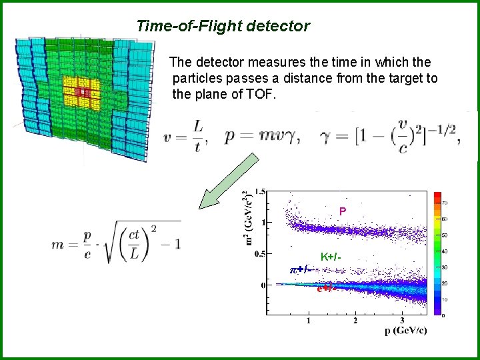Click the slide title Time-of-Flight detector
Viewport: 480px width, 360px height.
[x=223, y=27]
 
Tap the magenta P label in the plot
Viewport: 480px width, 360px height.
[x=342, y=211]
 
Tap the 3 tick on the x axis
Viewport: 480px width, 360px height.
[x=402, y=321]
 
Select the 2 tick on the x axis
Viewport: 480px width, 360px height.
[x=355, y=321]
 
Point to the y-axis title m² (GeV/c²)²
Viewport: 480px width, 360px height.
[x=247, y=218]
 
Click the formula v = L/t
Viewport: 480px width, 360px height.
[x=185, y=136]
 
